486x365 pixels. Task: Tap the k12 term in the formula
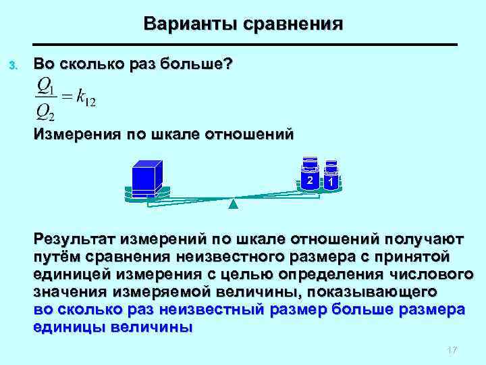pos(84,99)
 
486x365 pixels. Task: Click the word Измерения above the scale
pos(75,134)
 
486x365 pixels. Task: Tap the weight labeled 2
pos(309,179)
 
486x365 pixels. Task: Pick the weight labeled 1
pos(331,181)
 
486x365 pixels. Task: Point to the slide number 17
pos(452,349)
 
